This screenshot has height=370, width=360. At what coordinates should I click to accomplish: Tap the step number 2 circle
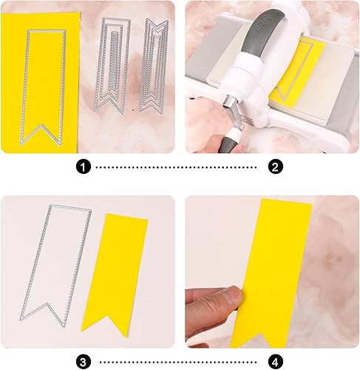tap(276, 167)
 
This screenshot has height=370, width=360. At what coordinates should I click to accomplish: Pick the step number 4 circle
tap(276, 361)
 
